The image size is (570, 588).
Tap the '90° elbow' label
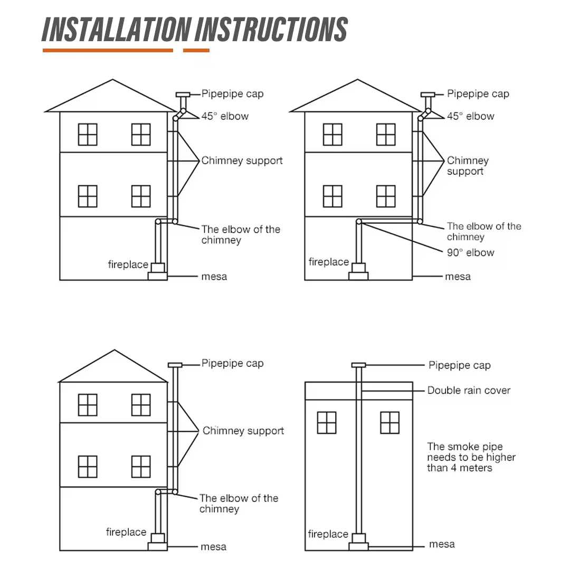click(470, 252)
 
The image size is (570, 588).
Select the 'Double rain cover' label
click(469, 391)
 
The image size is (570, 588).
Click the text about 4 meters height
click(471, 457)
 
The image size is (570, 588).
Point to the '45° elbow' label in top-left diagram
click(225, 116)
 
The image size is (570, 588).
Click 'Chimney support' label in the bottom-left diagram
click(243, 431)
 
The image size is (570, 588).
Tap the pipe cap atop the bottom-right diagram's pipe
click(359, 365)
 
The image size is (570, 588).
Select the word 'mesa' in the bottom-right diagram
click(442, 544)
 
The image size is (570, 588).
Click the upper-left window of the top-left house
click(88, 135)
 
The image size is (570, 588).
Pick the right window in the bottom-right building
click(389, 423)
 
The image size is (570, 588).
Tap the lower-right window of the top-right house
click(386, 196)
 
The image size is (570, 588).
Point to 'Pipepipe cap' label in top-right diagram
click(478, 94)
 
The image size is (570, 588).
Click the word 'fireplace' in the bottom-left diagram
click(126, 532)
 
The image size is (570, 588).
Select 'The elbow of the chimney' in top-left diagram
click(240, 235)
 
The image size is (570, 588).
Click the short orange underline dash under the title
click(196, 51)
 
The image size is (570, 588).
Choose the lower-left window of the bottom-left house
click(88, 467)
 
